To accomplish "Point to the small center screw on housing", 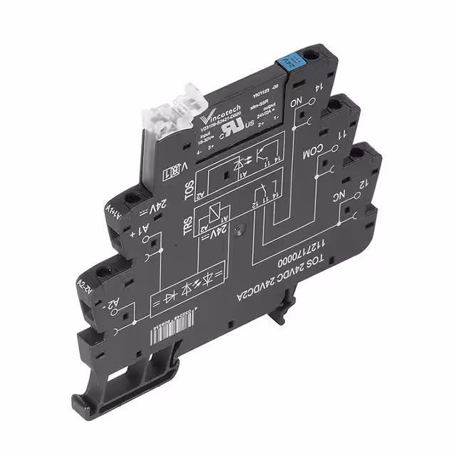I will click(243, 230).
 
